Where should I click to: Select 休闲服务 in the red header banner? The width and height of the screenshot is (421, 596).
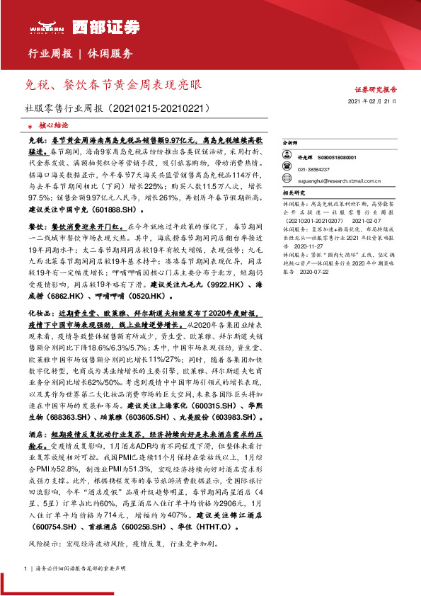point(110,53)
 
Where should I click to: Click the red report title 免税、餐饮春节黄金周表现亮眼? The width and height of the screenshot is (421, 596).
point(112,85)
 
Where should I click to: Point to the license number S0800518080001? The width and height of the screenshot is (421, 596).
point(335,158)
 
